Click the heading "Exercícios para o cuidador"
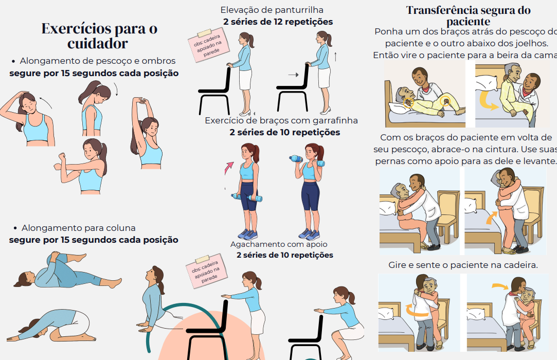pos(99,36)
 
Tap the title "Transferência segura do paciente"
pos(468,15)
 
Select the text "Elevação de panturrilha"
pos(272,10)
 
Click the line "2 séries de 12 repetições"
pos(278,22)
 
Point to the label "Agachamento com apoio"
pos(279,244)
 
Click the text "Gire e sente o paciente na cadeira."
pos(463,265)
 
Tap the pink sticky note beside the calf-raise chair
pos(208,45)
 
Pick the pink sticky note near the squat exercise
pos(206,271)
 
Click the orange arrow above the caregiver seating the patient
pos(500,286)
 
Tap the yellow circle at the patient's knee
pos(445,102)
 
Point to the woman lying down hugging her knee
pos(67,271)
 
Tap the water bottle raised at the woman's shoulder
pos(296,158)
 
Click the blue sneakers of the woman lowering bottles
pos(248,234)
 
